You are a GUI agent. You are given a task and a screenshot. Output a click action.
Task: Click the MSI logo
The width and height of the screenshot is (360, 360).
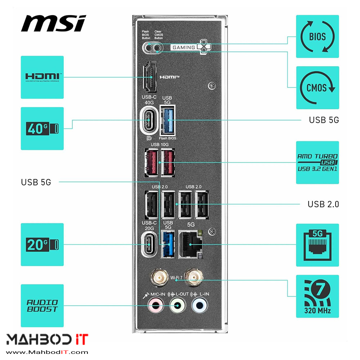coord(53,23)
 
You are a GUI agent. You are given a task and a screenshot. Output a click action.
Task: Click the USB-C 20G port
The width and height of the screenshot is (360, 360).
coord(149,244)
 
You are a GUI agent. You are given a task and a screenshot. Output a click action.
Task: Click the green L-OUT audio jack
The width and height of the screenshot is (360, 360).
coord(177,306)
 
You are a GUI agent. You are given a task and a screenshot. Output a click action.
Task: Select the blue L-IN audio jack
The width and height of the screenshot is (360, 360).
coord(199,306)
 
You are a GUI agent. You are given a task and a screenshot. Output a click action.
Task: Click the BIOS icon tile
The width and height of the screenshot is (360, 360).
coord(317,36)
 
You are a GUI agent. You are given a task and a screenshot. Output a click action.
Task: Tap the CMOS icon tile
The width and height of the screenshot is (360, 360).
coord(317,87)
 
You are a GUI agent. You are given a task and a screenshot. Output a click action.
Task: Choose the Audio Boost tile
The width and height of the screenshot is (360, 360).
coord(42,306)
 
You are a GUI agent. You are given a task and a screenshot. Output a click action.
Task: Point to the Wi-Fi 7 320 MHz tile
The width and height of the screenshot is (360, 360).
coord(317,296)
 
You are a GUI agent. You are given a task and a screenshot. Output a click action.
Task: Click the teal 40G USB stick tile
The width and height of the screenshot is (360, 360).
coord(42,129)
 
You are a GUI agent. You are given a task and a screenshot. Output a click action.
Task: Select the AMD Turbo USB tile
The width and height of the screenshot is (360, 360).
coord(317,162)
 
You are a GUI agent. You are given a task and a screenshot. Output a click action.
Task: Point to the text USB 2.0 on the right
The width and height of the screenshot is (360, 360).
coord(323,204)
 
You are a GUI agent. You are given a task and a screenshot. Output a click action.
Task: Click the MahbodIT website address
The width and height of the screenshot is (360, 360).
coord(47,352)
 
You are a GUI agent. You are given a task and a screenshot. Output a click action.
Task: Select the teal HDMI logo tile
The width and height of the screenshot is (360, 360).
coord(42,77)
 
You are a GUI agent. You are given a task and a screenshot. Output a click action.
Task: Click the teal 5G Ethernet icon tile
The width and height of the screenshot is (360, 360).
coord(317,245)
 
